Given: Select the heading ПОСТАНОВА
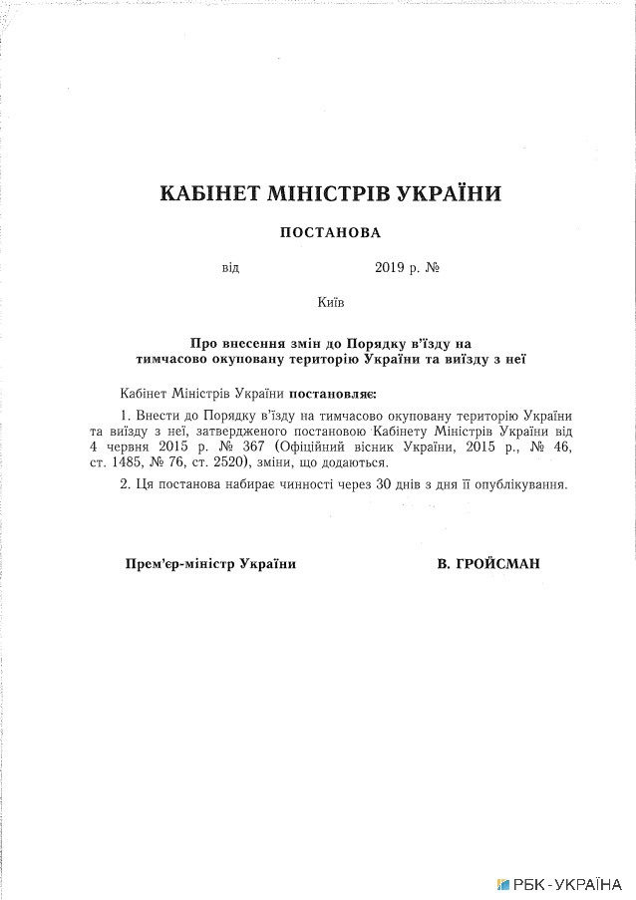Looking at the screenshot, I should click(x=330, y=232).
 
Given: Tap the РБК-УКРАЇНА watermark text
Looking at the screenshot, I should click(x=569, y=883).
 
